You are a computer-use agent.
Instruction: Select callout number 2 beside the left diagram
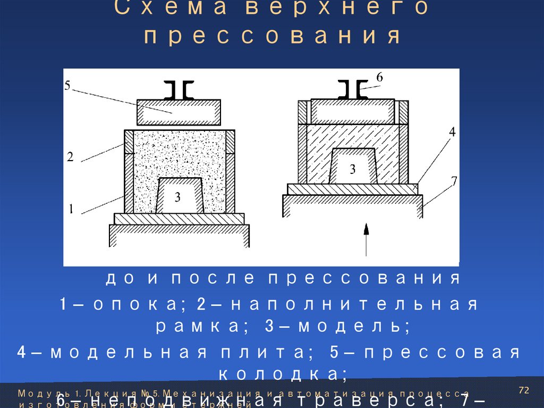70,156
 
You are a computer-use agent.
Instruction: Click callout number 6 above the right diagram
379,77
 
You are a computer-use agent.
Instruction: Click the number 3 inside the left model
178,197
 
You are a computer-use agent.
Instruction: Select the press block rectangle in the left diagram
179,111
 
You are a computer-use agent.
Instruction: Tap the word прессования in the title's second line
272,37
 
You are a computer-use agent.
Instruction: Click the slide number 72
524,391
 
